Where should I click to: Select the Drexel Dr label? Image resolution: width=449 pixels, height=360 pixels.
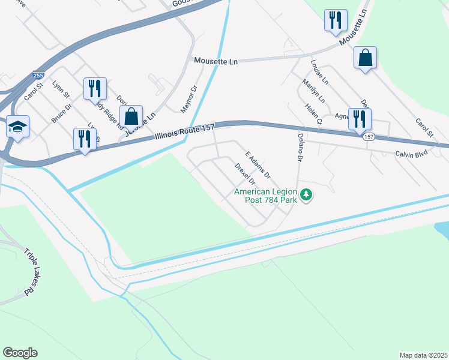[246, 173]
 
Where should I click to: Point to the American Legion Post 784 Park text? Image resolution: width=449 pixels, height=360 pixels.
[266, 196]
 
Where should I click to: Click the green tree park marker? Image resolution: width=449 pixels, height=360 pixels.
[307, 194]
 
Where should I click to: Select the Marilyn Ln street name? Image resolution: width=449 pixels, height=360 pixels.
[313, 91]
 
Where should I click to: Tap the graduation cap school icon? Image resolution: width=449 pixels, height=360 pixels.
[17, 127]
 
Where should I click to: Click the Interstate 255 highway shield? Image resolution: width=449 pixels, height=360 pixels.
[38, 76]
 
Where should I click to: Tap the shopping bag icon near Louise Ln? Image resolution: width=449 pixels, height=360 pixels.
[365, 58]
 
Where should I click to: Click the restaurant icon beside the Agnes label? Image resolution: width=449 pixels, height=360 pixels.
[360, 119]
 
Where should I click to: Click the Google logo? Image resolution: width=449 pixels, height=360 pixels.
[20, 353]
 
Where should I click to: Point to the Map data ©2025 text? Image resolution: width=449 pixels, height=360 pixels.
[423, 355]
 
